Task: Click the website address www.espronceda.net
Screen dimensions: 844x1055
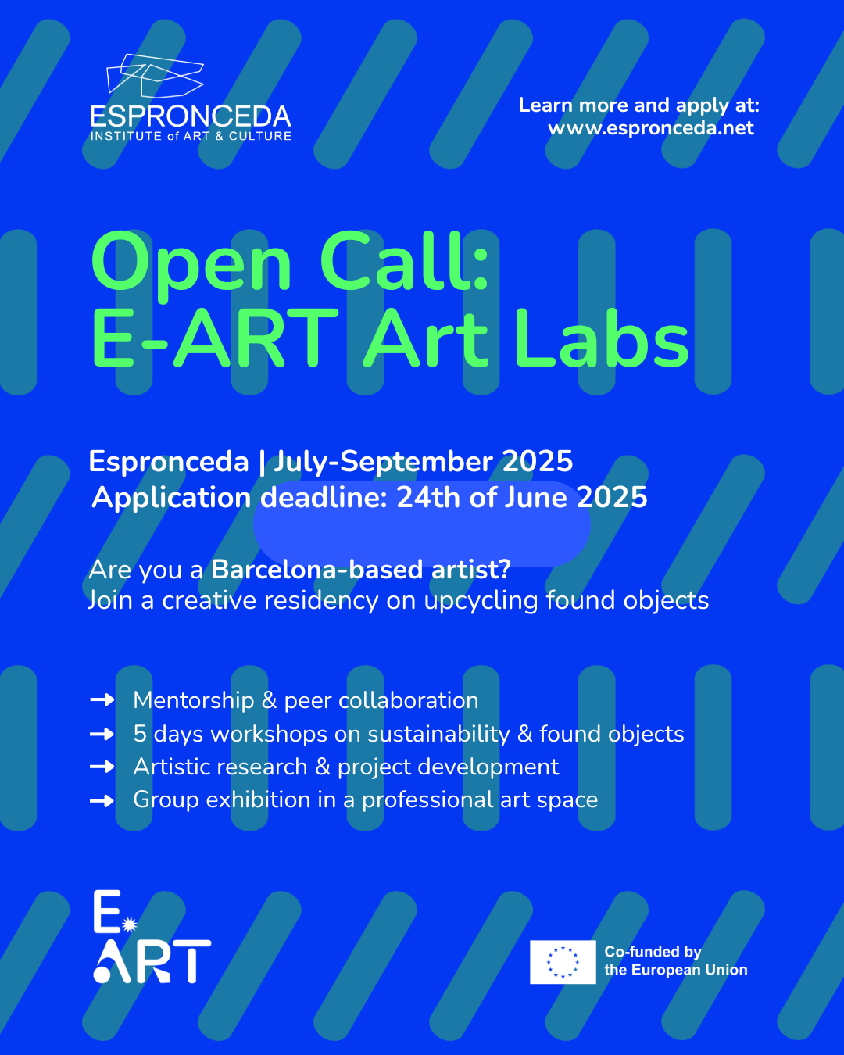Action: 651,128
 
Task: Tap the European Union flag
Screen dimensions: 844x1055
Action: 563,962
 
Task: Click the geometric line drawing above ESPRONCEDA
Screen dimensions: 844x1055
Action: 155,76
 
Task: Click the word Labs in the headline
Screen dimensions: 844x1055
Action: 602,338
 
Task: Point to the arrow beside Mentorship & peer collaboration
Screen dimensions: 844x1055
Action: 102,699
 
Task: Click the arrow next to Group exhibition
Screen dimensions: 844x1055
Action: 102,800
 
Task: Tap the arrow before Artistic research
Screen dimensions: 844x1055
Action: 102,767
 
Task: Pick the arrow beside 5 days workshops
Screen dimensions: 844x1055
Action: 102,733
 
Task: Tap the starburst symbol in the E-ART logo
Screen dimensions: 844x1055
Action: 130,924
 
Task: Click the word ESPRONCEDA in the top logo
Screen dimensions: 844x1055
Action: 191,116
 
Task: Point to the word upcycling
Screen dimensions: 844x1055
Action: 481,601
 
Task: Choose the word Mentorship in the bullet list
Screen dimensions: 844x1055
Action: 194,700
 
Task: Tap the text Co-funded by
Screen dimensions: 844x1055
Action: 653,952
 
